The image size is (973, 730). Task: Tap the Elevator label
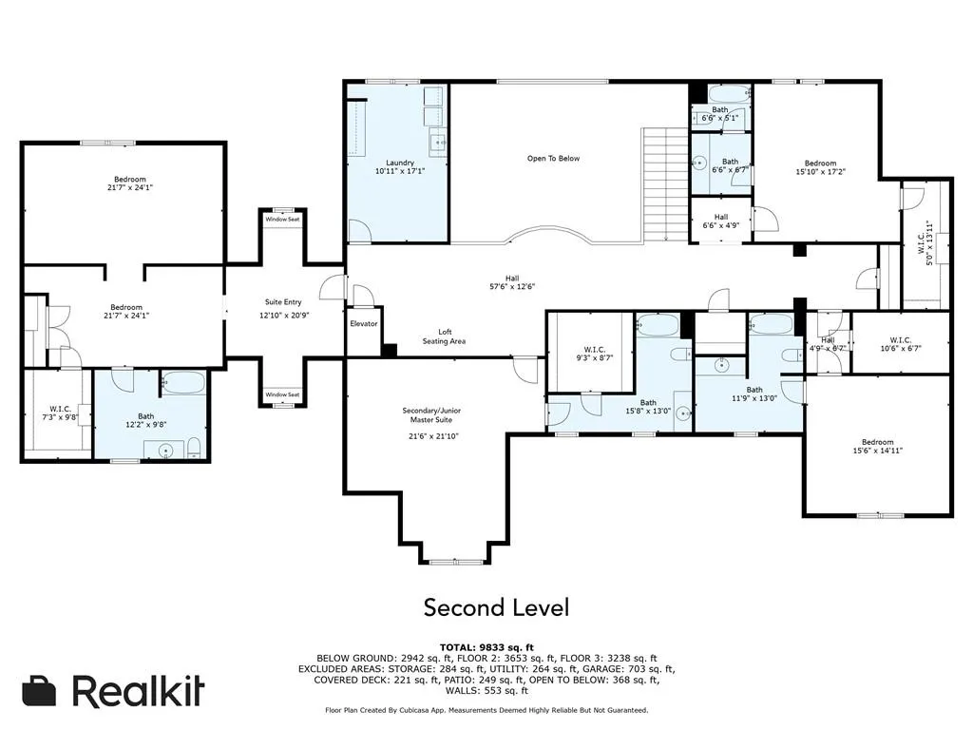(x=364, y=323)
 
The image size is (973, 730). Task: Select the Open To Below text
(x=553, y=159)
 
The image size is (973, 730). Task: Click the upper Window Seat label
(x=282, y=220)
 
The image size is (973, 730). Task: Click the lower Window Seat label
(x=282, y=394)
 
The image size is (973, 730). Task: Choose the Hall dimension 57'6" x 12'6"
(x=512, y=285)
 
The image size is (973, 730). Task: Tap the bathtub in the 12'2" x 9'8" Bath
(x=182, y=384)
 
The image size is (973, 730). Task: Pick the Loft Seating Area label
(x=444, y=336)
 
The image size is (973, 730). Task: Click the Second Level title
(x=496, y=606)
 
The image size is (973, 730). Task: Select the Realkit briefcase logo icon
(x=41, y=691)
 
